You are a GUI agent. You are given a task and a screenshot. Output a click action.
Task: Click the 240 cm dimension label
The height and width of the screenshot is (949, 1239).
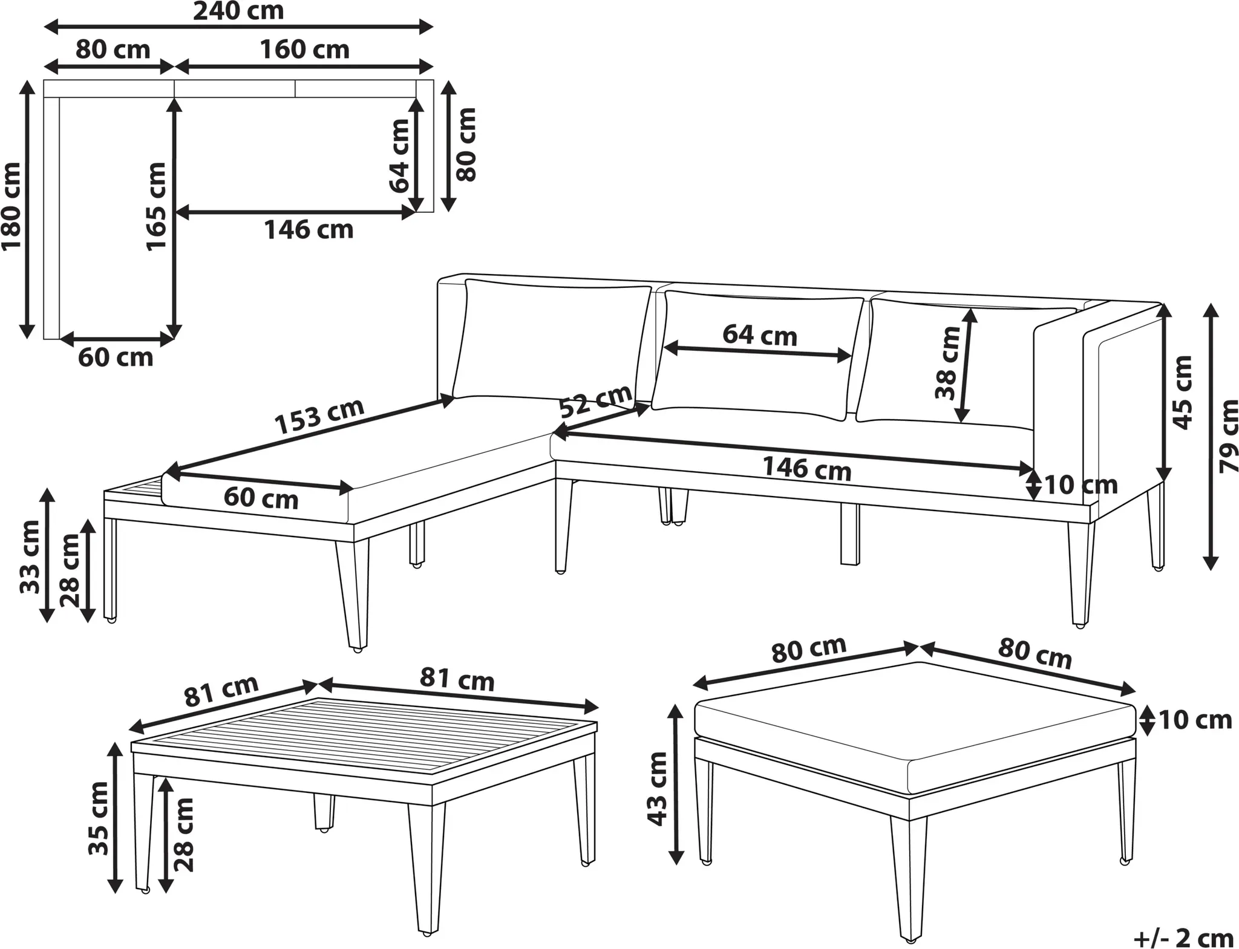pyautogui.click(x=238, y=11)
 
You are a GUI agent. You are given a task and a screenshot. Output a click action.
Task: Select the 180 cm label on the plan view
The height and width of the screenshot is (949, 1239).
pyautogui.click(x=11, y=206)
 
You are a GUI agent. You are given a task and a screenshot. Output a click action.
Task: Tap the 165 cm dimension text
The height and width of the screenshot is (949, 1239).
pyautogui.click(x=156, y=206)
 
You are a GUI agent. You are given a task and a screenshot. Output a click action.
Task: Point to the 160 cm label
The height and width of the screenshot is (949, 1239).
pyautogui.click(x=304, y=50)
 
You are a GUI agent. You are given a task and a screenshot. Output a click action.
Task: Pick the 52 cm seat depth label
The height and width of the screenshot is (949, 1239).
pyautogui.click(x=595, y=401)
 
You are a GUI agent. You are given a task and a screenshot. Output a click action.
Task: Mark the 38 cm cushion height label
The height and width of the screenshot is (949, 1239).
pyautogui.click(x=947, y=363)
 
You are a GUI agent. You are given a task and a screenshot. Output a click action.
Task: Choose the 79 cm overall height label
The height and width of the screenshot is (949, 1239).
pyautogui.click(x=1228, y=435)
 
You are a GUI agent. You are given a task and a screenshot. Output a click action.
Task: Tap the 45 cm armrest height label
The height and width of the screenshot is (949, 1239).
pyautogui.click(x=1182, y=392)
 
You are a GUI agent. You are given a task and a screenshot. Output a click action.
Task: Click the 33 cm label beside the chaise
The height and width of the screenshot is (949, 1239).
pyautogui.click(x=30, y=556)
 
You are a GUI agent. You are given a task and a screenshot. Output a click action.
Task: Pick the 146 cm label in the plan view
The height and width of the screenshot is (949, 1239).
pyautogui.click(x=309, y=230)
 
